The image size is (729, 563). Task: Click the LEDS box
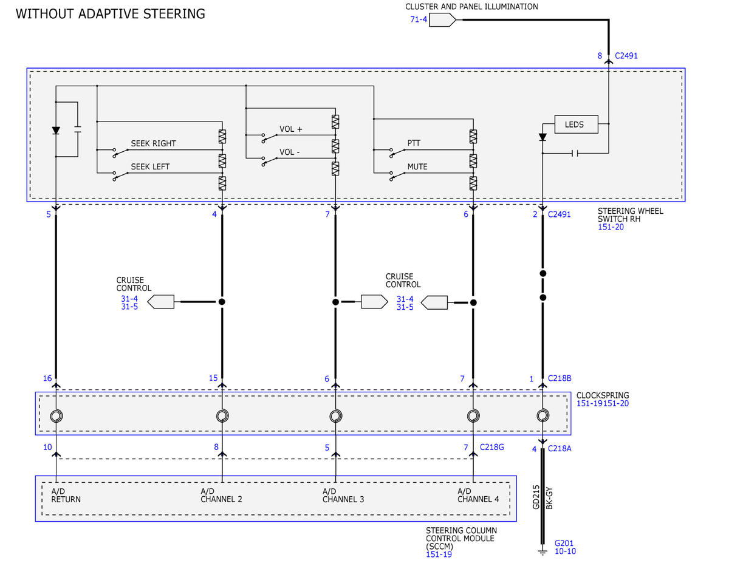576,125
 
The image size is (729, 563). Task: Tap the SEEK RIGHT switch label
153,143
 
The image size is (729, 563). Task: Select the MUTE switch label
417,166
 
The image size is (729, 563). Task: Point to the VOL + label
291,129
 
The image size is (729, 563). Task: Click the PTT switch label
414,143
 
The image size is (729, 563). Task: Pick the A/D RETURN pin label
66,495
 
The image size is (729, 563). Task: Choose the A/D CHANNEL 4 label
478,495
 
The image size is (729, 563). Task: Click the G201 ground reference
564,543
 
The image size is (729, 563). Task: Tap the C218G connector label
492,447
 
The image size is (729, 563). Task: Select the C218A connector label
560,448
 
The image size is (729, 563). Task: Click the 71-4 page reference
419,19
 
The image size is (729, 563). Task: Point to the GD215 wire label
536,497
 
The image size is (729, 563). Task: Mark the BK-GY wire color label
549,498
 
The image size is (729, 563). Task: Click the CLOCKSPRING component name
603,395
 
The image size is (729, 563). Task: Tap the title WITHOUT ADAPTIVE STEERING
111,14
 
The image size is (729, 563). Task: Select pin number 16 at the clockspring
47,378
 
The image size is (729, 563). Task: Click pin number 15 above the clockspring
213,378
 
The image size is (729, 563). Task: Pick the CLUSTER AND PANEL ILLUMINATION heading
471,7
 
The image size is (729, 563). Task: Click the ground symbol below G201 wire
542,552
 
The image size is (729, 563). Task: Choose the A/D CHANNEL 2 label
221,495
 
